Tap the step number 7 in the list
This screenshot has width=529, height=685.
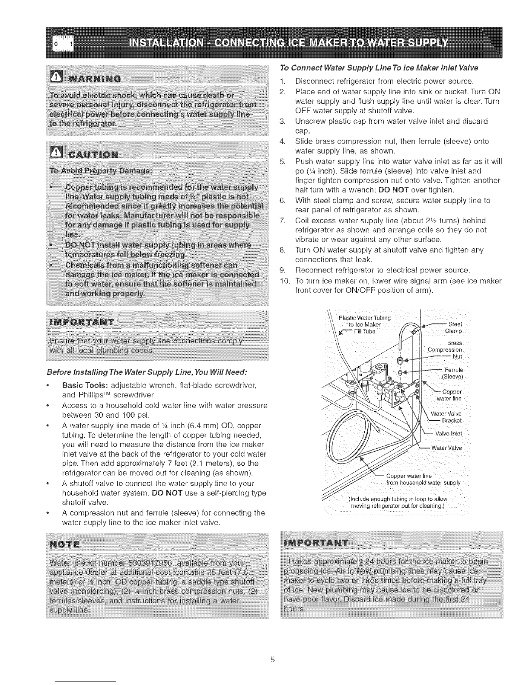(282, 220)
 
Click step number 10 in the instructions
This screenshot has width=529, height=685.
(283, 281)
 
